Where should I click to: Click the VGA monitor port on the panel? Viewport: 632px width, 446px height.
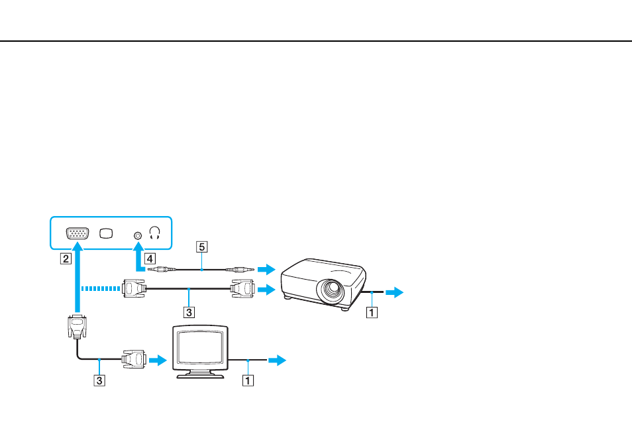point(78,233)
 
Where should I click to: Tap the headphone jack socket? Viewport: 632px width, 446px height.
point(138,235)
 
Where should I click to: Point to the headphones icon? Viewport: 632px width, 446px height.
point(155,233)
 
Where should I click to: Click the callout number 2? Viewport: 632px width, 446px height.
point(66,258)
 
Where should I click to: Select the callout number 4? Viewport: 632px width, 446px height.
point(150,258)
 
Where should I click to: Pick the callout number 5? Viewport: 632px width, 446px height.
point(202,247)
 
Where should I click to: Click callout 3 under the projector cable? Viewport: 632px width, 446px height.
point(189,311)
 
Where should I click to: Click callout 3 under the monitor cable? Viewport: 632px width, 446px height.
point(99,380)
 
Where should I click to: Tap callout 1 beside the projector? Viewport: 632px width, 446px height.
point(372,311)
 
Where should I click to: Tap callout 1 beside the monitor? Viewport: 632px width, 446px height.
point(248,380)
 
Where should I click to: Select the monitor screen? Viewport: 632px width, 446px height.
point(200,347)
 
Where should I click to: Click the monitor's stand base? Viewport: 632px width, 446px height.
point(200,376)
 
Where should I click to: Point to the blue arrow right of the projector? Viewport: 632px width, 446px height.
point(394,292)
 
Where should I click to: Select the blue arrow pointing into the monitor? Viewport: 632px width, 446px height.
point(158,360)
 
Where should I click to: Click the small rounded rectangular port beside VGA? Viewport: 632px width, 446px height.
point(106,233)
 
